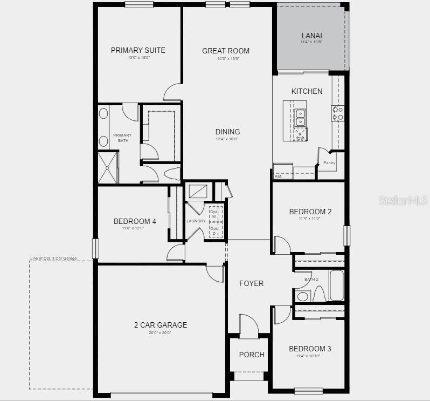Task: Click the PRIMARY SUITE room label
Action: coord(138,50)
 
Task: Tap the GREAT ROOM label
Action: coord(226,51)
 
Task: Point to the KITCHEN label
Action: coord(307,91)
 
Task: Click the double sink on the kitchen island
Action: coord(300,118)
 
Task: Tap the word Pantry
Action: coord(329,162)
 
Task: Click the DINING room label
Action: coord(227,132)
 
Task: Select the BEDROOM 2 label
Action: coord(310,212)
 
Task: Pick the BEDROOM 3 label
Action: coord(310,349)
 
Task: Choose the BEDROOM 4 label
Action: coord(135,221)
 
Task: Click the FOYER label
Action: coord(252,283)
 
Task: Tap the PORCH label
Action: coord(252,355)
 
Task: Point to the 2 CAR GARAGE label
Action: coord(161,325)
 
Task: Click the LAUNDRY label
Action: coord(196,221)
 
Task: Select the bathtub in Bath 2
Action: coord(336,286)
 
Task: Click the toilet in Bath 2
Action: coord(319,295)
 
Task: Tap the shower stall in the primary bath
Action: coord(107,167)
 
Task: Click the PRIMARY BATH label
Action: coord(123,138)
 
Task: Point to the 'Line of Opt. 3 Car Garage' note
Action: coord(53,259)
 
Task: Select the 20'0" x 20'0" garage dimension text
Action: coord(160,333)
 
